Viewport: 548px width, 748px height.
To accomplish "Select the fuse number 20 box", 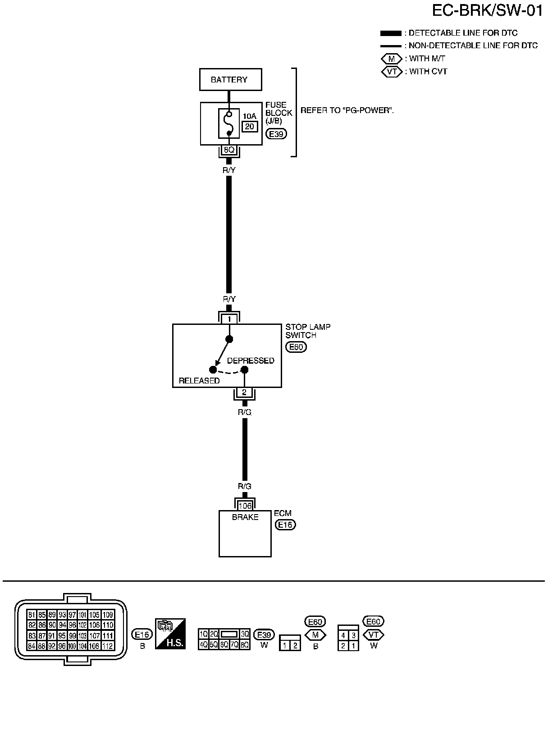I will pyautogui.click(x=249, y=127).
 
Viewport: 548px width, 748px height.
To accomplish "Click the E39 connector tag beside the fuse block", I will pyautogui.click(x=276, y=134).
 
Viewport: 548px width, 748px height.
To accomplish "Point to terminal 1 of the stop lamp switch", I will pyautogui.click(x=229, y=319).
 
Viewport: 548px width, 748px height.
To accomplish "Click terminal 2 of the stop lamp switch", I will pyautogui.click(x=244, y=392).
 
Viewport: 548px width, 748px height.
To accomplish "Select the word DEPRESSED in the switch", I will pyautogui.click(x=250, y=360).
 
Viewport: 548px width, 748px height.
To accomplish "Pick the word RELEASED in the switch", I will pyautogui.click(x=199, y=381).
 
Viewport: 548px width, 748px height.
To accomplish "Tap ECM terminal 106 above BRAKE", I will pyautogui.click(x=245, y=506).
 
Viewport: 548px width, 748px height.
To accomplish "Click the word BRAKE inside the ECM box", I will pyautogui.click(x=245, y=517).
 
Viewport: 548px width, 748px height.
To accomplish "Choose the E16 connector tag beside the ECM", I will pyautogui.click(x=285, y=525).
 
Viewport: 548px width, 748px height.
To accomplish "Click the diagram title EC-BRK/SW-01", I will pyautogui.click(x=487, y=11).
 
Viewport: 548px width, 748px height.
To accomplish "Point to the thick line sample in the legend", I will pyautogui.click(x=390, y=33).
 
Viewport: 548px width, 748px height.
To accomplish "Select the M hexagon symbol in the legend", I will pyautogui.click(x=391, y=59).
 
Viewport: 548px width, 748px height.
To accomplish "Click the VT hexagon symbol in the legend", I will pyautogui.click(x=391, y=72).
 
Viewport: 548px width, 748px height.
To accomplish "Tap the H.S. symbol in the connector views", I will pyautogui.click(x=170, y=633).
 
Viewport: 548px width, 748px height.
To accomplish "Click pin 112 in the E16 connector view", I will pyautogui.click(x=108, y=646).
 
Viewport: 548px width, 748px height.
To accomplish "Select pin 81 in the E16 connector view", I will pyautogui.click(x=32, y=615).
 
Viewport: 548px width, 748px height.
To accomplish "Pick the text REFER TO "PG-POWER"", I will pyautogui.click(x=347, y=110).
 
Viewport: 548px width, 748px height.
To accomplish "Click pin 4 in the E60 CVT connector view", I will pyautogui.click(x=343, y=635).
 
